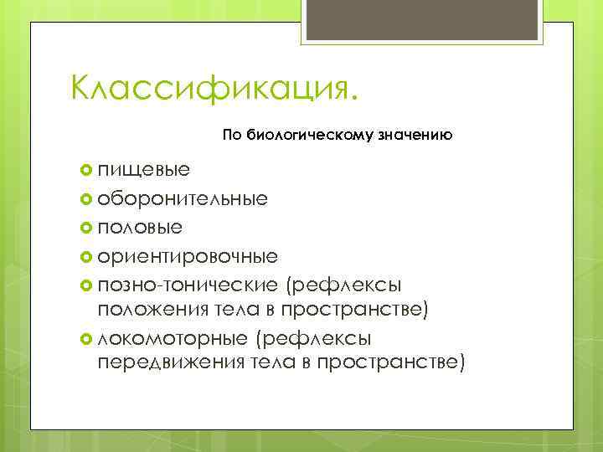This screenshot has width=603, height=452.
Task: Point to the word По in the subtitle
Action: click(231, 135)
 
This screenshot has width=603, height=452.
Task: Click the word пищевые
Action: click(143, 170)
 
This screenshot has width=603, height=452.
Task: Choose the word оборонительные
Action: click(183, 198)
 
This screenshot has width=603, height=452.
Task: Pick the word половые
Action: click(140, 227)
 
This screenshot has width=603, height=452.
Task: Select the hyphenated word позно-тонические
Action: click(188, 284)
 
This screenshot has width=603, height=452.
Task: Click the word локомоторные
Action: click(173, 337)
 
